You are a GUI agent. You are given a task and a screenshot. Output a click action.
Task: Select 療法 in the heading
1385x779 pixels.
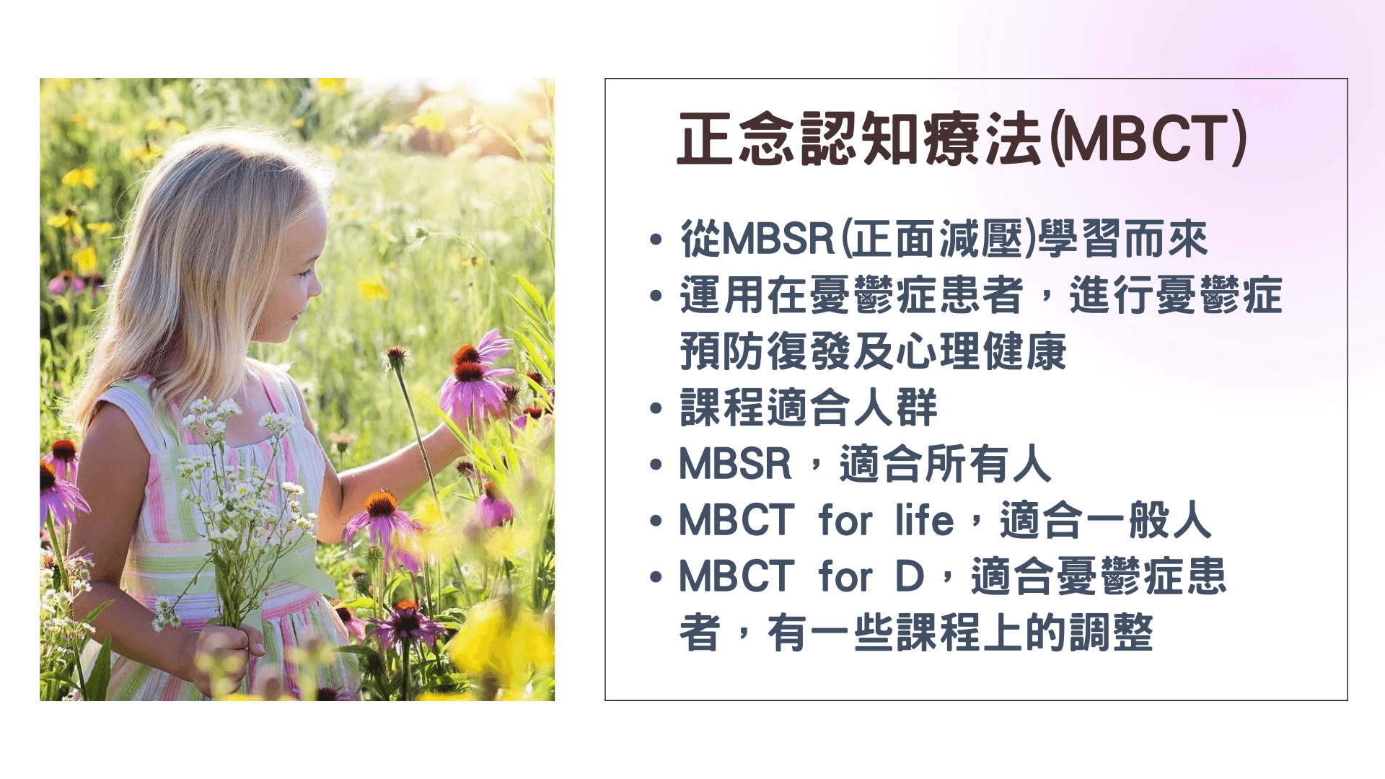984,138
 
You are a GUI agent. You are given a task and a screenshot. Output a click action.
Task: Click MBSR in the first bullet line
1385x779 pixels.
778,239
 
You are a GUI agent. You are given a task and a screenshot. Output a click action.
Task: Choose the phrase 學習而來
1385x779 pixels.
1122,239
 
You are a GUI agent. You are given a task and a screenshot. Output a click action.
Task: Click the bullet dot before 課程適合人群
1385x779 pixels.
656,409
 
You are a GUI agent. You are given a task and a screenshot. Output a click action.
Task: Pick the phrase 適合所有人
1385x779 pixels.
946,465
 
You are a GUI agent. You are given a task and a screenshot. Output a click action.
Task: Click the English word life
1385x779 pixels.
924,520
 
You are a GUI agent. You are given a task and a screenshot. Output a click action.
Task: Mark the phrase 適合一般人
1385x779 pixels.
1105,521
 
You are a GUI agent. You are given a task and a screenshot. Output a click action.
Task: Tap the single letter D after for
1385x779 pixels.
910,577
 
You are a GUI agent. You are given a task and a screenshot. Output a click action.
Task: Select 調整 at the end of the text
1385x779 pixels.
1111,633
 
